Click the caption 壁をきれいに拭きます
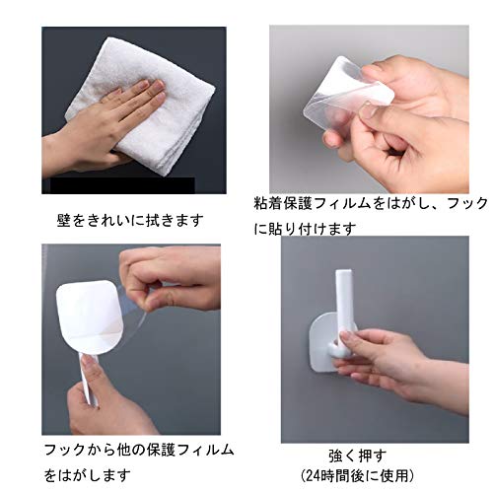pos(130,221)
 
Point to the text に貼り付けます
pos(305,228)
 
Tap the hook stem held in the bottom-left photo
pos(89,378)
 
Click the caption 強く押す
pos(358,456)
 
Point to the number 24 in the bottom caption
pos(314,475)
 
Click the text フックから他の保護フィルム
pos(139,450)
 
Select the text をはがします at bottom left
pos(88,475)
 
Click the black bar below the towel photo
pos(122,185)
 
